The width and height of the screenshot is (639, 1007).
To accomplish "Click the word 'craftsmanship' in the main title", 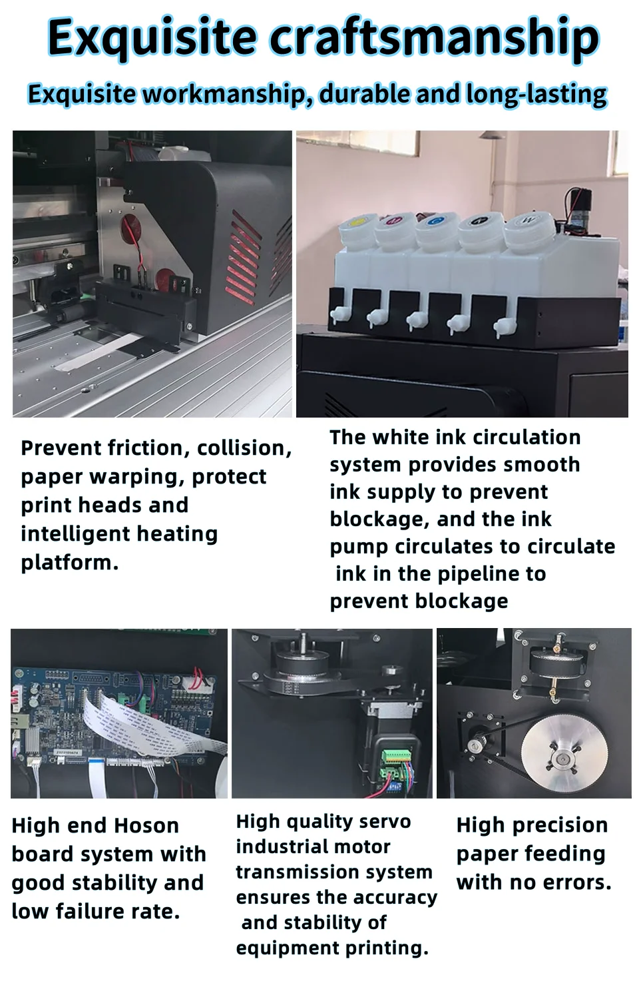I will (x=436, y=38).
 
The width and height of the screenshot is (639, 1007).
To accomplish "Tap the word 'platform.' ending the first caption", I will (x=70, y=563).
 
